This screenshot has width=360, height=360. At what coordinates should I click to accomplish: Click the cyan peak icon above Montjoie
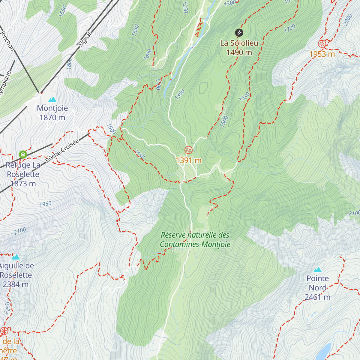click(52, 99)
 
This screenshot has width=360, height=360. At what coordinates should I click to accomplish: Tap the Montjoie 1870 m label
click(52, 113)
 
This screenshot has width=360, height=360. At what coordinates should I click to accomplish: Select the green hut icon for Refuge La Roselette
click(23, 154)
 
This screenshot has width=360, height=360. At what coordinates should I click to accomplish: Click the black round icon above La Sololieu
click(239, 32)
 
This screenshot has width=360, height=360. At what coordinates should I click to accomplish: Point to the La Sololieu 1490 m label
click(239, 48)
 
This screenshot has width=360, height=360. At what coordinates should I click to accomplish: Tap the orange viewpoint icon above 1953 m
click(322, 44)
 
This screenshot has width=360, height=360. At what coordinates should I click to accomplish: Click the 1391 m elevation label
click(189, 160)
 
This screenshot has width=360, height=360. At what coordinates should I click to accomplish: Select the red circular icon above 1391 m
click(188, 150)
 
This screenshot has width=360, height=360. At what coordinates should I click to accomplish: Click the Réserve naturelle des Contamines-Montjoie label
click(195, 240)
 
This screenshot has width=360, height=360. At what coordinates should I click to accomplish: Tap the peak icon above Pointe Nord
click(317, 269)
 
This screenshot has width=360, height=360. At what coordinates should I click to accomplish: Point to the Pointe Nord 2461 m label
click(318, 288)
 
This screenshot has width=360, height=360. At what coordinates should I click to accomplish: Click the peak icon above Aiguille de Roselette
click(16, 257)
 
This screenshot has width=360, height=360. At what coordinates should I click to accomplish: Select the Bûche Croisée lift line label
click(62, 151)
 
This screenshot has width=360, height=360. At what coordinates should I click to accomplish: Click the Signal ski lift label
click(85, 40)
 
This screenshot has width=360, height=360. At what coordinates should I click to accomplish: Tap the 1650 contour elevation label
click(62, 11)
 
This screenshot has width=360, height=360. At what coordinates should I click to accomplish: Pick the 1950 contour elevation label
click(45, 204)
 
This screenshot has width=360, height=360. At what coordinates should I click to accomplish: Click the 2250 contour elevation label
click(7, 308)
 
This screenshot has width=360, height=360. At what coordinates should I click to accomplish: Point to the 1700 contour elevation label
click(289, 29)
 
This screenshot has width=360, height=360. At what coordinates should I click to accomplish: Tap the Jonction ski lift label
click(7, 40)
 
